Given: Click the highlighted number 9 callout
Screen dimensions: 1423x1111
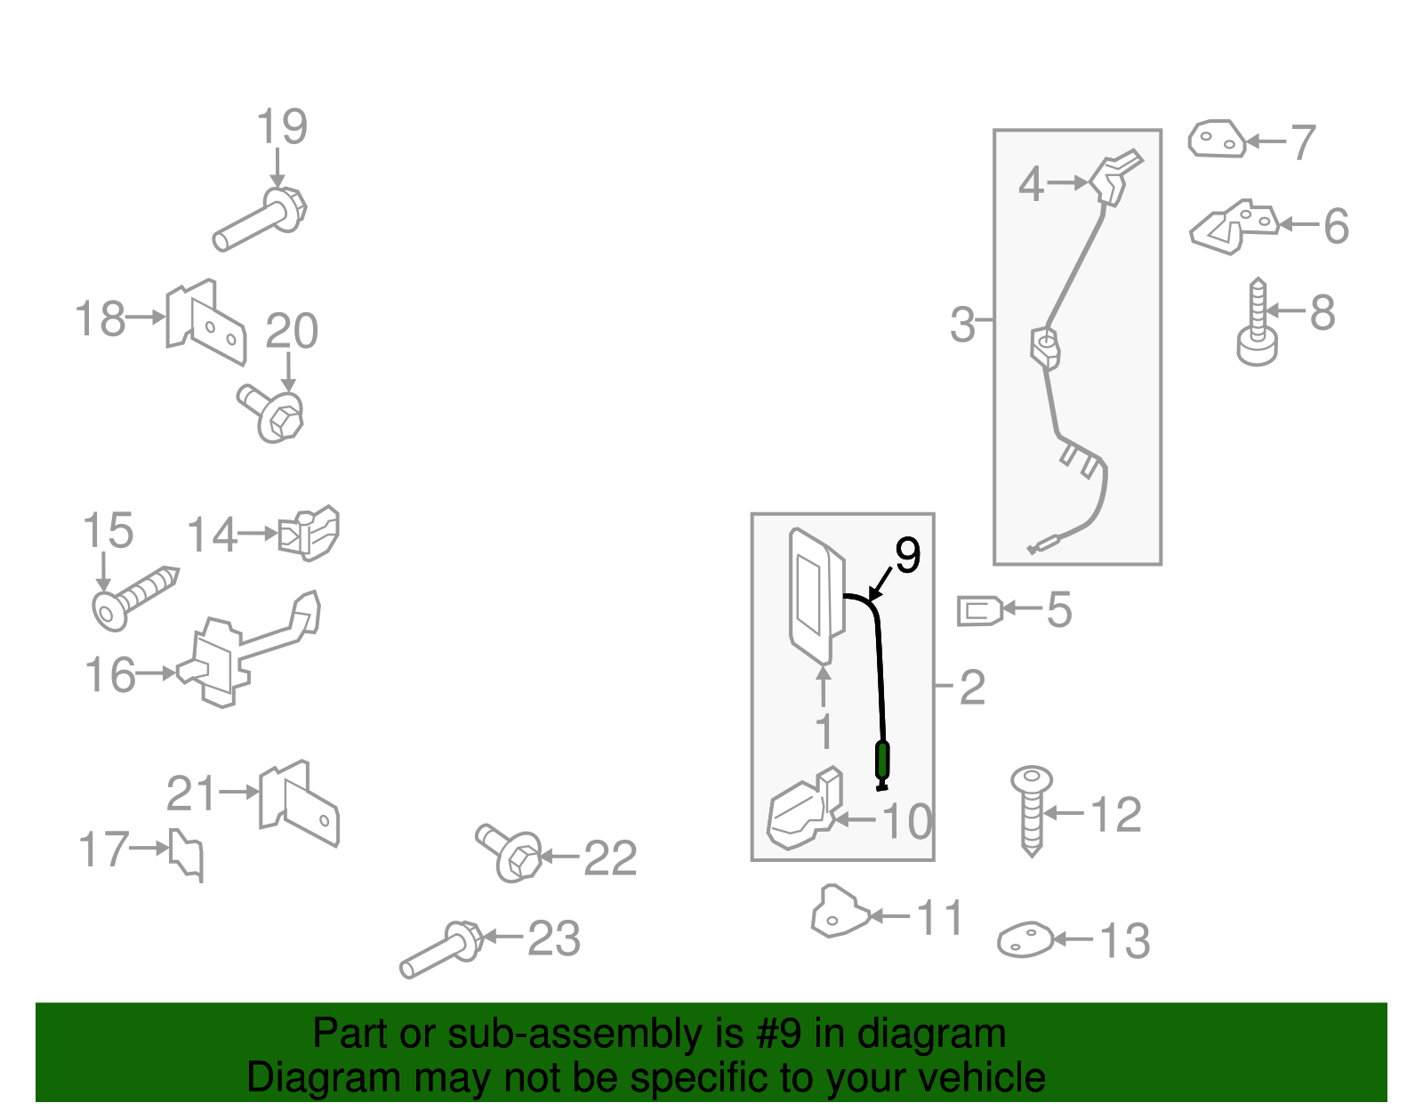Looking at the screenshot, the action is pyautogui.click(x=908, y=555).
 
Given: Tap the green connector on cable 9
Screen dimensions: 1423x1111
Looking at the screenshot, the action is pyautogui.click(x=882, y=761).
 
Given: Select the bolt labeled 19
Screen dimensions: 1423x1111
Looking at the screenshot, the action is pyautogui.click(x=260, y=219).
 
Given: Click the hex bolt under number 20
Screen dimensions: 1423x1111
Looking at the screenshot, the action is pyautogui.click(x=271, y=414).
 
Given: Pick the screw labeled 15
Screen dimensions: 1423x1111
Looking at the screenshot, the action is pyautogui.click(x=135, y=599).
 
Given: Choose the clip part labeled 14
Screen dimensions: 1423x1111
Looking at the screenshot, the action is pyautogui.click(x=309, y=533).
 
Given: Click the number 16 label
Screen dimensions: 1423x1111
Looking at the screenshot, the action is pyautogui.click(x=110, y=675).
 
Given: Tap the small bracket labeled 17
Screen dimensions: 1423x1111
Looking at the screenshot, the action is pyautogui.click(x=187, y=854).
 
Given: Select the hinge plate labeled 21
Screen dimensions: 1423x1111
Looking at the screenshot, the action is pyautogui.click(x=299, y=804).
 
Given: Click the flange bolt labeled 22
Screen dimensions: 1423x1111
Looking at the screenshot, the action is pyautogui.click(x=509, y=853).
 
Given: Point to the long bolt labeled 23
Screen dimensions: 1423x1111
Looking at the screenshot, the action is pyautogui.click(x=441, y=950).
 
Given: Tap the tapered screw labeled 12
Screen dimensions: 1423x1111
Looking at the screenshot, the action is pyautogui.click(x=1032, y=811).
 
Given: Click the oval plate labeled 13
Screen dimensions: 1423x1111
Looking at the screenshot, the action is pyautogui.click(x=1025, y=940).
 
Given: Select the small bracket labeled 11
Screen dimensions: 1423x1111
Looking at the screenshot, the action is pyautogui.click(x=840, y=912).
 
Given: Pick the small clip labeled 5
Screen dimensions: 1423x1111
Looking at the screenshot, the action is pyautogui.click(x=980, y=611).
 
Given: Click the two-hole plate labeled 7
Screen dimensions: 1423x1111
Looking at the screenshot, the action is pyautogui.click(x=1218, y=139).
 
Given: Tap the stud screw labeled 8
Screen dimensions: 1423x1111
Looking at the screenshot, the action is pyautogui.click(x=1258, y=322).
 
